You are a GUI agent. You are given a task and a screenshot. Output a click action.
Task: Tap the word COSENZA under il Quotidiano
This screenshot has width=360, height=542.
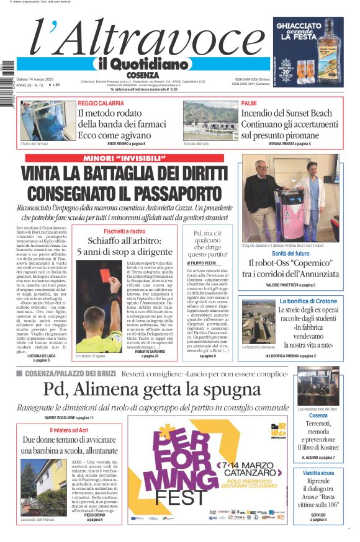click(143, 75)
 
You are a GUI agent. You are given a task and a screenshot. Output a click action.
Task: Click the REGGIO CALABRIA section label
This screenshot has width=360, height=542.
click(101, 103)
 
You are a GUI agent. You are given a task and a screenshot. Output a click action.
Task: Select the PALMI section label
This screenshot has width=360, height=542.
click(249, 103)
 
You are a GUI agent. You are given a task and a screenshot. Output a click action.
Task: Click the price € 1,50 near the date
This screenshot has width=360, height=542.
click(52, 85)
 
